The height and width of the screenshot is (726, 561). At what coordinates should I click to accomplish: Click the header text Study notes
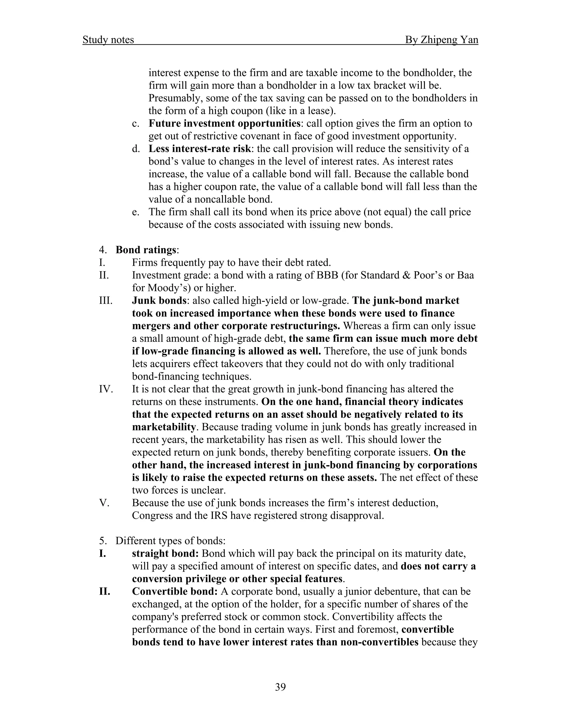click(x=108, y=40)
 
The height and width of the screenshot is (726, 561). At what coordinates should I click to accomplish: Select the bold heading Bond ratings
click(x=145, y=250)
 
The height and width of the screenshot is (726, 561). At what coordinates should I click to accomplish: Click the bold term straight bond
click(x=165, y=553)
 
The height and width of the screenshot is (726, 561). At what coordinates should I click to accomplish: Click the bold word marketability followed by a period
click(x=164, y=427)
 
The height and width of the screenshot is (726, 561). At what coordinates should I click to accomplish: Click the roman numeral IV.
click(x=106, y=389)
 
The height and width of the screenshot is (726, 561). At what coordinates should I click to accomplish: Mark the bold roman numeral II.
click(x=104, y=591)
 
